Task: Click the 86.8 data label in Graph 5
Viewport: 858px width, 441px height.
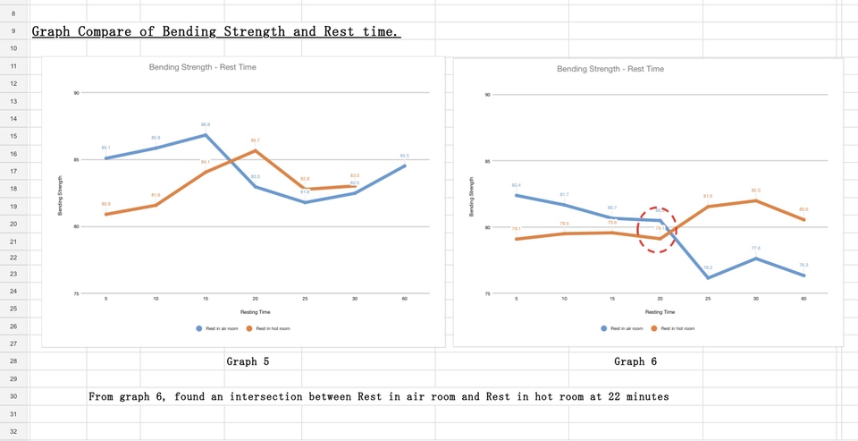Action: [206, 125]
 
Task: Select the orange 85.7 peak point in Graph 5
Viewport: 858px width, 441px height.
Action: [256, 150]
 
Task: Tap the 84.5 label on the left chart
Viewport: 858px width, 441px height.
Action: [404, 156]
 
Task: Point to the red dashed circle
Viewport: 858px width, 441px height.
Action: [657, 230]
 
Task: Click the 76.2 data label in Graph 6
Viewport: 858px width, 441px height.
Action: [707, 267]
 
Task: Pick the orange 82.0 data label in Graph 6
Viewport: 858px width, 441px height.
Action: [756, 191]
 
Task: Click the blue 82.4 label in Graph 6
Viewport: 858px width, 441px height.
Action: [517, 185]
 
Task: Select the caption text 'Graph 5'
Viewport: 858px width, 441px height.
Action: [248, 362]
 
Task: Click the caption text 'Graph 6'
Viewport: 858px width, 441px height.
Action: [635, 362]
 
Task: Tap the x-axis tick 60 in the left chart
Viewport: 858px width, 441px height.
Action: [405, 299]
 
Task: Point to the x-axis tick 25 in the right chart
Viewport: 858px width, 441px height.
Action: [708, 299]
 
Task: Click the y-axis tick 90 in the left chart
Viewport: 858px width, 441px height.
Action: [77, 92]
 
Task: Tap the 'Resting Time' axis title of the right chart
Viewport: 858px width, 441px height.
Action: [660, 312]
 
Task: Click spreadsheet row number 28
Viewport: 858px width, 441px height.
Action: [13, 361]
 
